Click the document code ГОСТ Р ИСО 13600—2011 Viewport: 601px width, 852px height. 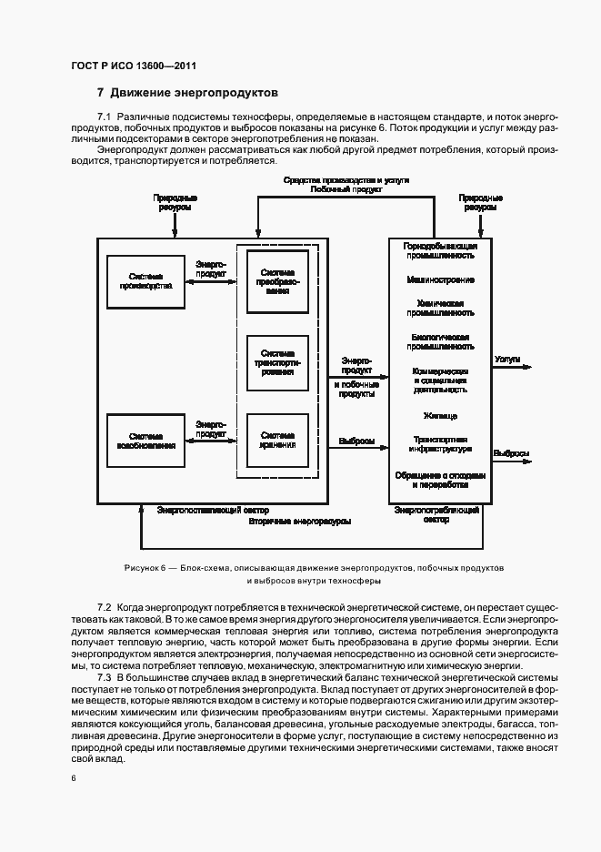(133, 66)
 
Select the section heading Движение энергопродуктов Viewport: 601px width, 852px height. (193, 93)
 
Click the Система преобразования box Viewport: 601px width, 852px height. (277, 281)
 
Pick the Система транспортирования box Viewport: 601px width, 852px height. (277, 361)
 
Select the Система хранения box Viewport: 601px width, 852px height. (277, 440)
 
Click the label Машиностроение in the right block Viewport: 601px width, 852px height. (440, 279)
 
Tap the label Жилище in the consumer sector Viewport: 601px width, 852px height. (440, 416)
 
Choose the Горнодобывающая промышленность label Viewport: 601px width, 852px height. (440, 251)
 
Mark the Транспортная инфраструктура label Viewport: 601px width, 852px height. (440, 443)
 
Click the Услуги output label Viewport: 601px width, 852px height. (506, 360)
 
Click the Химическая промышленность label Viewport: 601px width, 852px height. (440, 308)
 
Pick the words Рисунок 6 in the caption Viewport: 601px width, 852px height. (145, 567)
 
